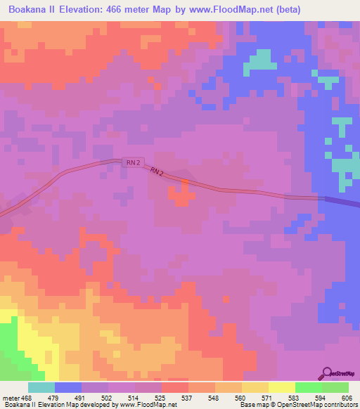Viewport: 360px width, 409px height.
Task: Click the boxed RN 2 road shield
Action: click(x=133, y=162)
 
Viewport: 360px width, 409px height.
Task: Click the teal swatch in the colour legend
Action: click(x=41, y=387)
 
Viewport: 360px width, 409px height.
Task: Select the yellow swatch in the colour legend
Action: click(x=282, y=387)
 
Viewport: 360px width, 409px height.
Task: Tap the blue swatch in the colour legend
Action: click(x=68, y=387)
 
